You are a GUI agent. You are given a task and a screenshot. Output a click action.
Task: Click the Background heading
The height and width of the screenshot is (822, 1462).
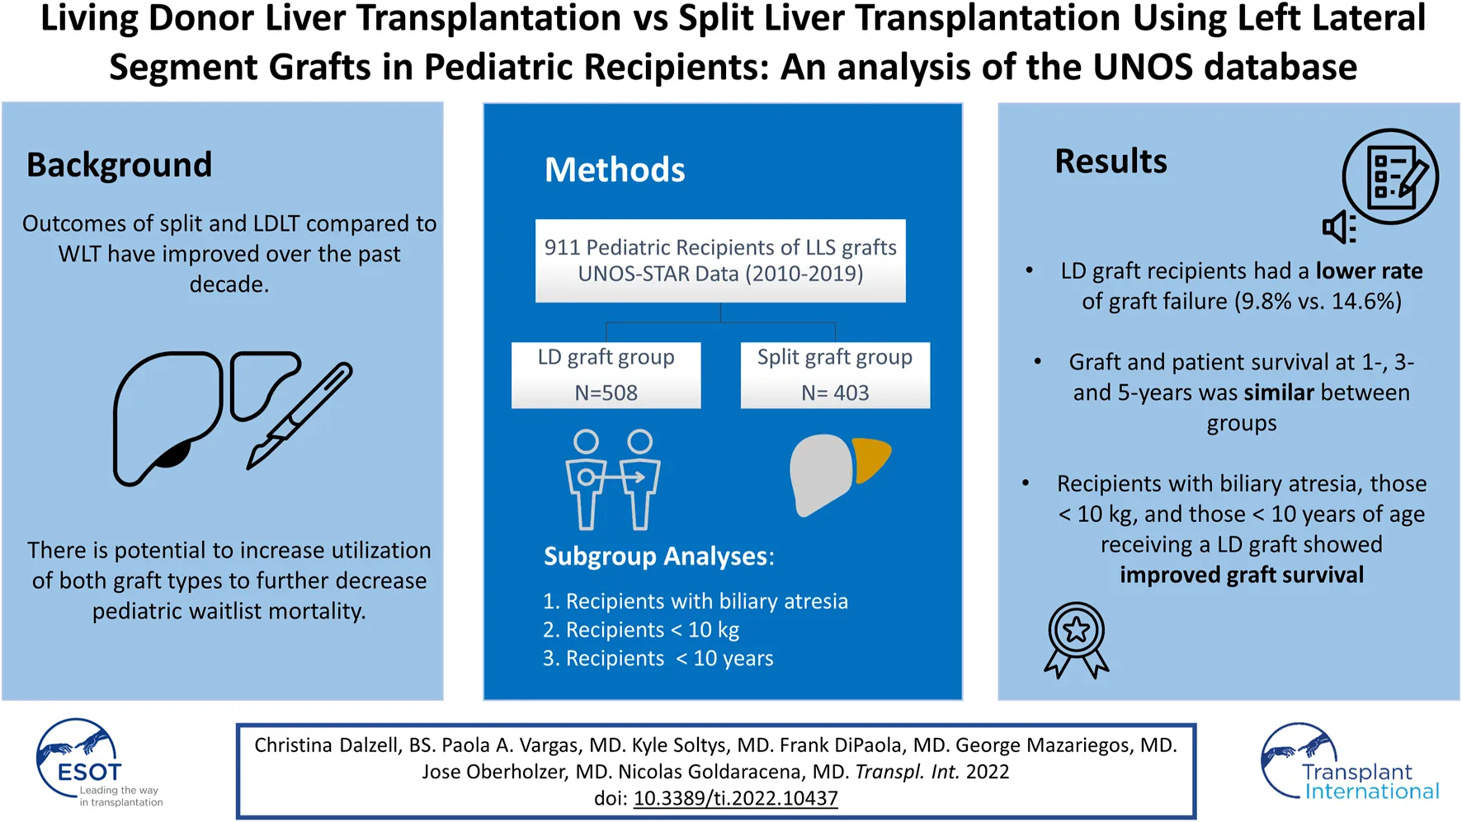tap(120, 165)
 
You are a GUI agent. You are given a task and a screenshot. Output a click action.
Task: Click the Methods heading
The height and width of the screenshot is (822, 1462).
tap(615, 170)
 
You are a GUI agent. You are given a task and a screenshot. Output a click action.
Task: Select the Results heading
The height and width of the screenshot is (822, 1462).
tap(1111, 162)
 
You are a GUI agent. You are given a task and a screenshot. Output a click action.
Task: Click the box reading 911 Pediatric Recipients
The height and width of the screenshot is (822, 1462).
tap(720, 261)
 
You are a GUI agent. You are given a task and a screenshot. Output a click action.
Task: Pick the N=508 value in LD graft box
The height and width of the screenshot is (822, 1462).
tap(606, 392)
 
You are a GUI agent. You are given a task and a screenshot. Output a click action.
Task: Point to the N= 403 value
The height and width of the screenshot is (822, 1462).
tap(835, 392)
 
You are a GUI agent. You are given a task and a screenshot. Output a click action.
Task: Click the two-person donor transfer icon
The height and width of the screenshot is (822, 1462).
tap(612, 479)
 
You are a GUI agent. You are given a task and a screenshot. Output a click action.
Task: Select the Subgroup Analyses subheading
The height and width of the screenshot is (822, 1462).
tap(658, 557)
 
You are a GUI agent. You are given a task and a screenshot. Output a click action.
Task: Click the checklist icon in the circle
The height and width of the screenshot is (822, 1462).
tap(1390, 176)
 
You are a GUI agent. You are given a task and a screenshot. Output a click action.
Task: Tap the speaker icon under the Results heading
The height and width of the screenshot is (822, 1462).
tap(1339, 227)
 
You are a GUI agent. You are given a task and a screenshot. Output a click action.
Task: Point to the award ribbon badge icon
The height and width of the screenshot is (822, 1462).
tap(1077, 640)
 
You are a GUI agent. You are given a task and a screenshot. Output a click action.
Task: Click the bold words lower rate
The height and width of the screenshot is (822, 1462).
tap(1369, 271)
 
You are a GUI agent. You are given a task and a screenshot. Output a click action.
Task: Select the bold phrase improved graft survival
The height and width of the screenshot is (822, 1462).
tap(1242, 575)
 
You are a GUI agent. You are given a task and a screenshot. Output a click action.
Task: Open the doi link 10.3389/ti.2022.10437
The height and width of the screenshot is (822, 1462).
tap(735, 798)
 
